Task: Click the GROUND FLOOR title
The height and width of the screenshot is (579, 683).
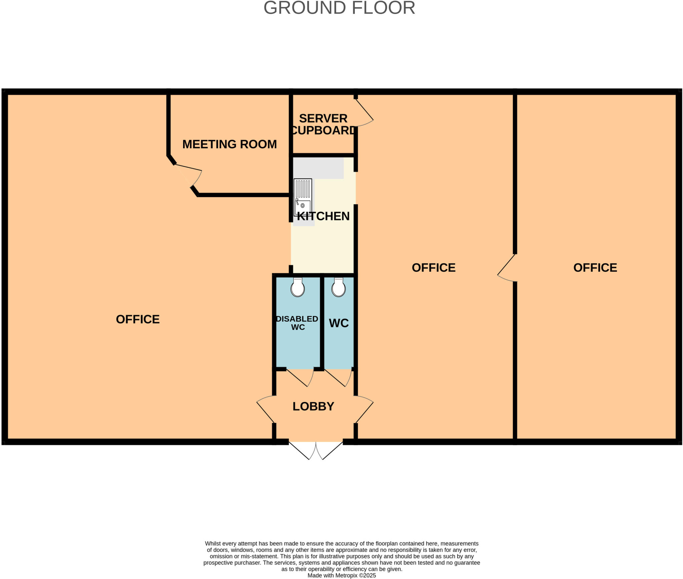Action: (339, 8)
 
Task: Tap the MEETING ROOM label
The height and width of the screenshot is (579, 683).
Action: (229, 144)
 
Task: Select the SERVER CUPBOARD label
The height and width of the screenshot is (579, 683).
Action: (323, 124)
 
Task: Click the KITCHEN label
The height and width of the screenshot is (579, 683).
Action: (323, 216)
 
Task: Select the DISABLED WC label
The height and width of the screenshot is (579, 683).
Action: (297, 323)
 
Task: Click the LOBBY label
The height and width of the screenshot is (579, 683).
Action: (313, 406)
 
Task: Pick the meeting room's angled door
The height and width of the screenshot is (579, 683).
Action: (189, 175)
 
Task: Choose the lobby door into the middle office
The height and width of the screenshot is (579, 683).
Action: (364, 409)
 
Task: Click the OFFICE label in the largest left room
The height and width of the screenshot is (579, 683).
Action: (138, 319)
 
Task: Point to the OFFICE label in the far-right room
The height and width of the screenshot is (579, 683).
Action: (595, 268)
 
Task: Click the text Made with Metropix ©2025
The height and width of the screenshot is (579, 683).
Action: (341, 575)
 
